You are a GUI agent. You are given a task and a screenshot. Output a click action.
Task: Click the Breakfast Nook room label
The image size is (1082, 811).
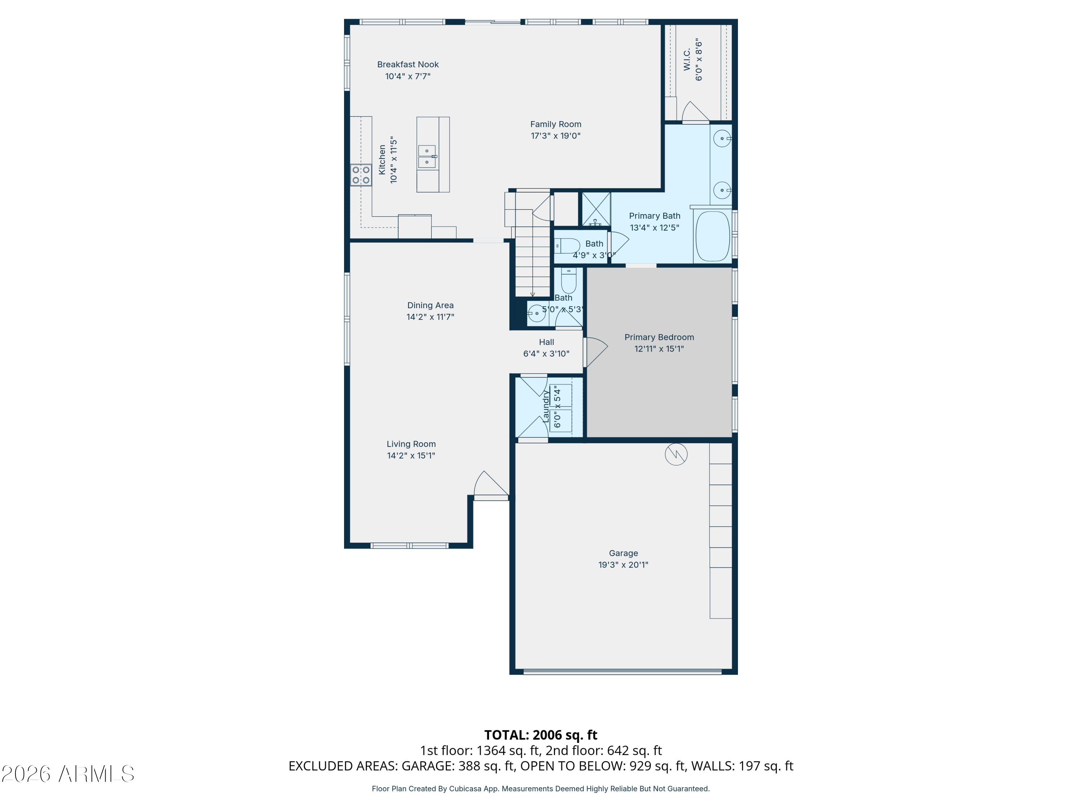(x=408, y=65)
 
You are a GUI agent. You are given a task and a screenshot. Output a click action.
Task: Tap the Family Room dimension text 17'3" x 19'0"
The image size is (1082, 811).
(x=556, y=136)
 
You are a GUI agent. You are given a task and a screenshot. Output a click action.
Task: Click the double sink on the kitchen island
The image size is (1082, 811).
(x=427, y=156)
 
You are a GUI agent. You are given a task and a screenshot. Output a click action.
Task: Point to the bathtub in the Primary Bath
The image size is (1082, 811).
(x=713, y=236)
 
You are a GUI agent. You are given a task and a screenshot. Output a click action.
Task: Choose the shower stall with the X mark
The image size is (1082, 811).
(x=596, y=209)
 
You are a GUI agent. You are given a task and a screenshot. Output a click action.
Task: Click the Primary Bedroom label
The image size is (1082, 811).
(x=659, y=337)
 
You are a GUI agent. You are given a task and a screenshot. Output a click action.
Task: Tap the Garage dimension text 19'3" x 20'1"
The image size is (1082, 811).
(x=623, y=564)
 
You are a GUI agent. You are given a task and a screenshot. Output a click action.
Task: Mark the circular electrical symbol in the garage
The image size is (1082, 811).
(x=676, y=455)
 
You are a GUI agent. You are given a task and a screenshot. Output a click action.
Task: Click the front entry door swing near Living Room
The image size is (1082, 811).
(x=490, y=485)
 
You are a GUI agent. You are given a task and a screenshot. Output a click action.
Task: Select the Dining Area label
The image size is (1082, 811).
(x=430, y=306)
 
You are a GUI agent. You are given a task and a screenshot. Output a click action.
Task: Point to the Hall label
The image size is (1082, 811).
(x=546, y=342)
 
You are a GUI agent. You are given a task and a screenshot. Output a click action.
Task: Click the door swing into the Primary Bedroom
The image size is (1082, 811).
(x=596, y=351)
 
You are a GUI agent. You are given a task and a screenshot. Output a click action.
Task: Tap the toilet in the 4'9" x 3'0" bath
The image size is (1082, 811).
(x=567, y=246)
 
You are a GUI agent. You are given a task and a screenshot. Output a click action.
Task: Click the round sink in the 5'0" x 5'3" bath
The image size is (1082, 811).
(x=537, y=313)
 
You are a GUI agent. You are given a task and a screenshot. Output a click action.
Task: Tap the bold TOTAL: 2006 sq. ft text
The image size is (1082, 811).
(x=541, y=735)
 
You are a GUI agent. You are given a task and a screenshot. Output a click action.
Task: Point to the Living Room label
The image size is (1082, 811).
(x=411, y=444)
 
